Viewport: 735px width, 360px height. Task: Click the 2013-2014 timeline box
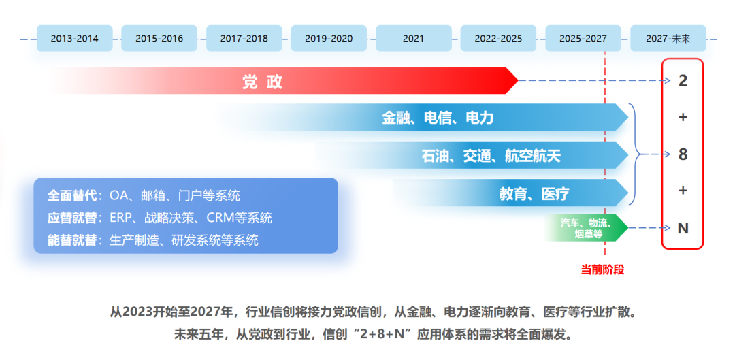point(75,39)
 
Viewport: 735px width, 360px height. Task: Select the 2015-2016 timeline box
point(159,39)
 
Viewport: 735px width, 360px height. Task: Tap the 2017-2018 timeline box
point(244,39)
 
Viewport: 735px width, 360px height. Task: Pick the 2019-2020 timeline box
point(329,39)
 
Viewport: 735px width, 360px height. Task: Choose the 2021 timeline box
point(413,39)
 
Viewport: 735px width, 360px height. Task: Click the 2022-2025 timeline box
point(498,39)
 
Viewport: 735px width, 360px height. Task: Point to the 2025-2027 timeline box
point(583,39)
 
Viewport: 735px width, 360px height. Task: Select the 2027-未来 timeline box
point(668,39)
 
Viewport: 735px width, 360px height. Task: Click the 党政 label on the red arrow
point(263,82)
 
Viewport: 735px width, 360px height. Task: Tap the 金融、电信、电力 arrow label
point(438,118)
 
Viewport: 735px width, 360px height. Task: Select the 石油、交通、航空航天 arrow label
point(491,156)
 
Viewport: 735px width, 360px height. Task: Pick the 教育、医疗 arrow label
point(534,194)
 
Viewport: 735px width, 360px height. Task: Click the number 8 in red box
point(683,154)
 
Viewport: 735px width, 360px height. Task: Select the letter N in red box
point(683,228)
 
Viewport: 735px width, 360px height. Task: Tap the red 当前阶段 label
point(602,269)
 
